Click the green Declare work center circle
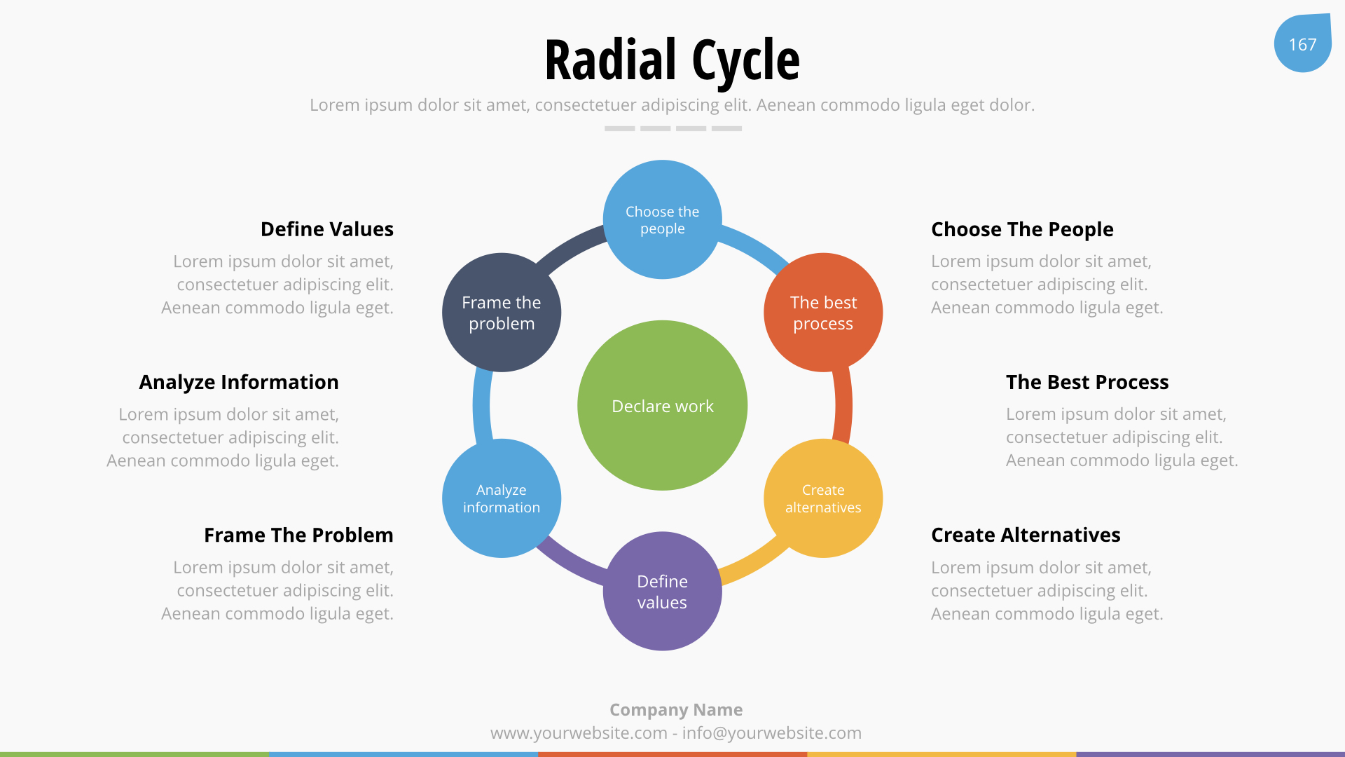662,405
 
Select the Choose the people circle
662,219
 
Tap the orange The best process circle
823,313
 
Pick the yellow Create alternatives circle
823,498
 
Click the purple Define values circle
662,591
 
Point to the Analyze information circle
502,498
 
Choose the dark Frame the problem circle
502,313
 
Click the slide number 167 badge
1302,43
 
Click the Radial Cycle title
672,60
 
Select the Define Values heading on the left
327,229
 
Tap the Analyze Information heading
239,382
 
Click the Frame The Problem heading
298,535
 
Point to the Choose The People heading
1022,229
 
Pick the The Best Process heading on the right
1087,382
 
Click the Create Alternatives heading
1026,535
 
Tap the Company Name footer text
676,709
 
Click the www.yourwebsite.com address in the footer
579,733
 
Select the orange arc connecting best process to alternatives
843,405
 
